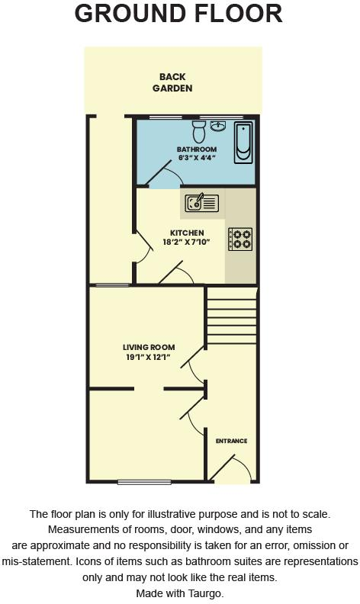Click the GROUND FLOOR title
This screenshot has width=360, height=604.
coord(179,13)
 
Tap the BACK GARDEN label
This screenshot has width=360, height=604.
coord(172,82)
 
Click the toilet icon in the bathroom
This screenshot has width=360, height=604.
coord(200,127)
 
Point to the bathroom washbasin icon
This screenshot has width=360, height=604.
coord(218,124)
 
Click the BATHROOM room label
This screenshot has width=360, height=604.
coord(197,149)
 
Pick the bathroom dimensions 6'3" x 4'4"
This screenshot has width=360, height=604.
coord(197,158)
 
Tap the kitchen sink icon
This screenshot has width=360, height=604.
coord(201,202)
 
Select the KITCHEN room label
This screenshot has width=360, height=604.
coord(187,233)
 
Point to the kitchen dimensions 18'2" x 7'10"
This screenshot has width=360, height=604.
coord(187,243)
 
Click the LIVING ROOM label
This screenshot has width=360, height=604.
coord(149,348)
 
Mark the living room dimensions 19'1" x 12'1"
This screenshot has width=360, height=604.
coord(149,358)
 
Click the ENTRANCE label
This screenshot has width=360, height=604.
coord(231,441)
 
